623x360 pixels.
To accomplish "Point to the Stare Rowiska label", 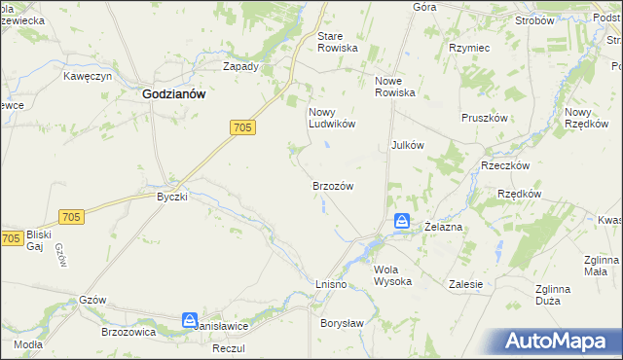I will pyautogui.click(x=338, y=42).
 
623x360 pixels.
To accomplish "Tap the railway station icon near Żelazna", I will pyautogui.click(x=402, y=223).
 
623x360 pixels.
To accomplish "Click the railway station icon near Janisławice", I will pyautogui.click(x=190, y=319).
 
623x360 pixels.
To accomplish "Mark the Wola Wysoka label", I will pyautogui.click(x=393, y=275).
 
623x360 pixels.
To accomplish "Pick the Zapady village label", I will pyautogui.click(x=240, y=67).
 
